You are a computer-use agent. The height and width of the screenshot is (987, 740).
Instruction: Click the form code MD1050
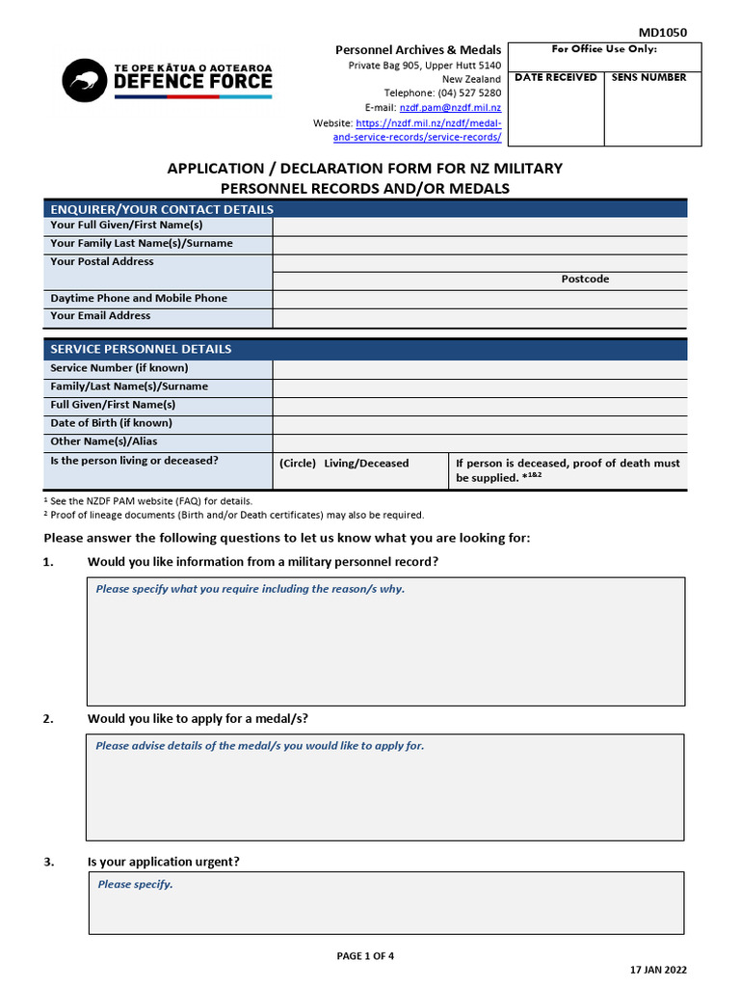pos(664,32)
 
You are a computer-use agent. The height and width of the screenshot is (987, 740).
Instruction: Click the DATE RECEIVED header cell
pos(555,78)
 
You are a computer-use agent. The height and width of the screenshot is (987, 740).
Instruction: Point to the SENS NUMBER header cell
pos(648,78)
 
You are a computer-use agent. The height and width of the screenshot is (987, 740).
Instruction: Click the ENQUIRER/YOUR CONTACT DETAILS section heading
pos(162,209)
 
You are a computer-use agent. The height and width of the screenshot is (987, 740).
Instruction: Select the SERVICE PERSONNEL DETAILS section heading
pos(141,349)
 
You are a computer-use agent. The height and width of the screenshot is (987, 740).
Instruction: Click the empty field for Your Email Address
pos(480,318)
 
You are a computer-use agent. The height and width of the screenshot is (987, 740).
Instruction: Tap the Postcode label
pos(585,280)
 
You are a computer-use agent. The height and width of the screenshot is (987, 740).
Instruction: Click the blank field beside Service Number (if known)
pos(480,369)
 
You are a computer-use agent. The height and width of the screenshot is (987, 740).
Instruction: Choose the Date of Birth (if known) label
pos(111,423)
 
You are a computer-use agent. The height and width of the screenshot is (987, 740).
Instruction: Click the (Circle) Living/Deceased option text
pos(344,464)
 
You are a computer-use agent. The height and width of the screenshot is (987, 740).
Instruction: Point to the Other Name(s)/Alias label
pos(103,441)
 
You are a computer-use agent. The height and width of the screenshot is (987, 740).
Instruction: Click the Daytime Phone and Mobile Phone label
pos(139,299)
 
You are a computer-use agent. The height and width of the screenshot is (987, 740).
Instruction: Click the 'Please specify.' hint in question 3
pos(135,885)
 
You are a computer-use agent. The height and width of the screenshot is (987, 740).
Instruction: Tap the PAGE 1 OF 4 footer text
pos(365,956)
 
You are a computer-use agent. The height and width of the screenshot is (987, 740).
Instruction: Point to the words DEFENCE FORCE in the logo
pos(193,83)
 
